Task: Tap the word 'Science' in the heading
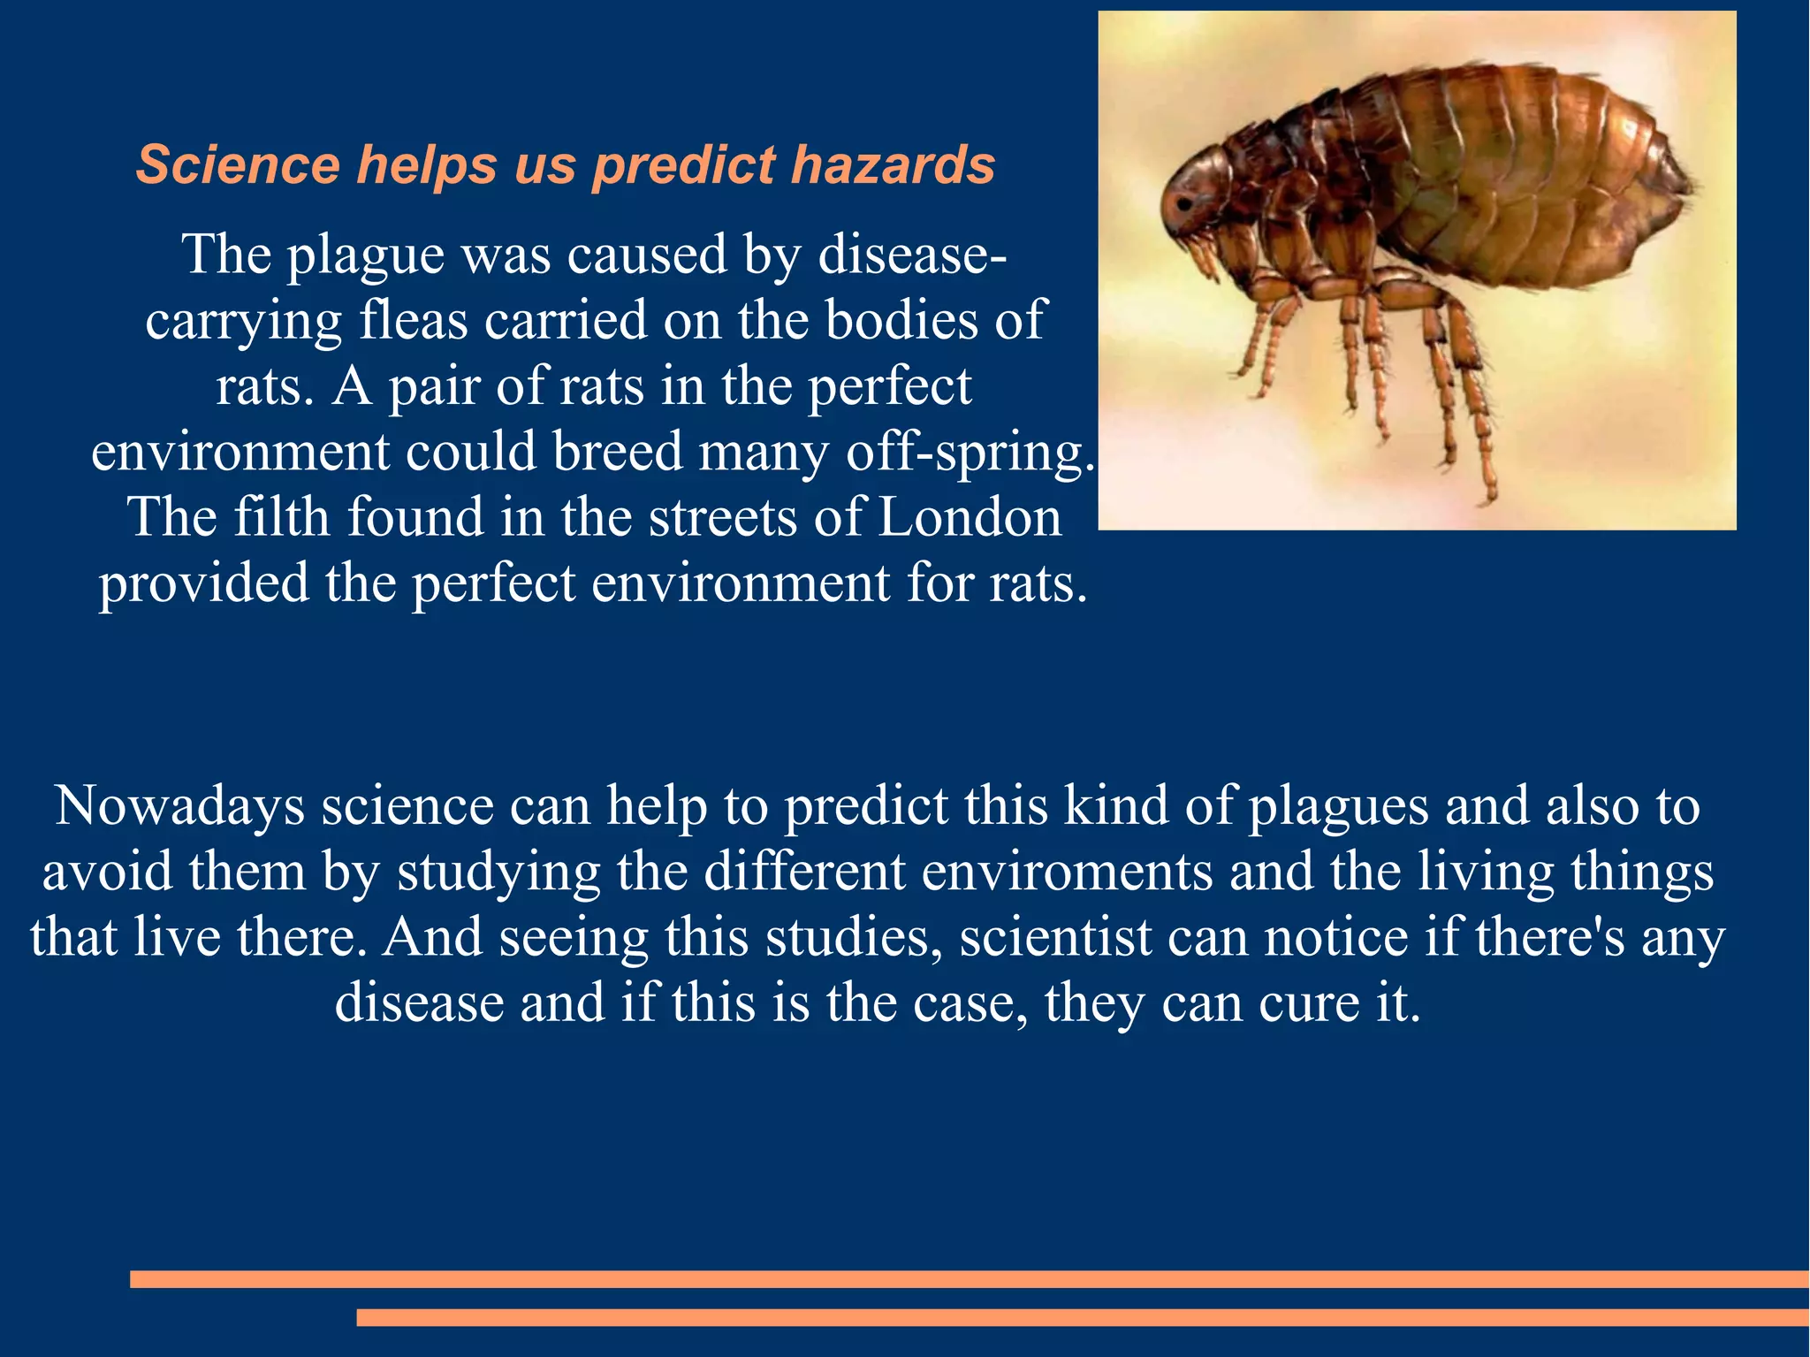tap(238, 165)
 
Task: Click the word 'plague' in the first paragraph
tap(365, 255)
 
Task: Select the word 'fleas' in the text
tap(413, 320)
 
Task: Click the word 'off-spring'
tap(964, 452)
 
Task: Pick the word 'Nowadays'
tap(179, 806)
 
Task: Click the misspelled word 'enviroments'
tap(1068, 872)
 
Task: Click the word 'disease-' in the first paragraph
tap(911, 255)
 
